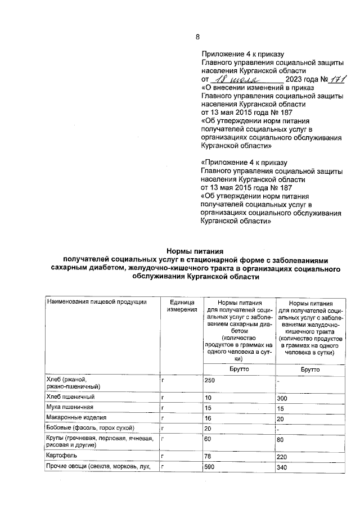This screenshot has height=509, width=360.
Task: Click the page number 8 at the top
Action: point(197,37)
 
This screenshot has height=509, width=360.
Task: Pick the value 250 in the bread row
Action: point(210,380)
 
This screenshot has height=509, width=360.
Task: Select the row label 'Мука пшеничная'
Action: point(70,407)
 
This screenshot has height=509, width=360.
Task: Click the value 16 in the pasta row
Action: point(208,418)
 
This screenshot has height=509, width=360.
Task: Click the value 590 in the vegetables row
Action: point(210,467)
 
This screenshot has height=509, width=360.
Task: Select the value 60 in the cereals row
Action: point(208,438)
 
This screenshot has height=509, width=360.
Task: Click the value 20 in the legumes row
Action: point(208,428)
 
